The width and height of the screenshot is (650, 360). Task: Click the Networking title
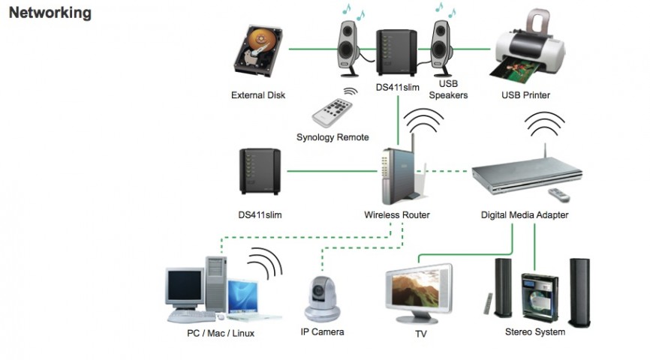[x=50, y=13]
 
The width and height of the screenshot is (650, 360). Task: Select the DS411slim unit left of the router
[x=260, y=172]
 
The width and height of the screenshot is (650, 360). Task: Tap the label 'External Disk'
[x=258, y=95]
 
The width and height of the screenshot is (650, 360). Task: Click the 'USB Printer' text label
[x=525, y=95]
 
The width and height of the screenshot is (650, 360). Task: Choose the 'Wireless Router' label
[x=397, y=215]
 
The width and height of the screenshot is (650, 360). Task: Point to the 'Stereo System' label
[x=534, y=331]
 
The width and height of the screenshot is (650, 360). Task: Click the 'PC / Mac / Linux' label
[x=221, y=332]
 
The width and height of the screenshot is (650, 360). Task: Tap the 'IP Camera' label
[x=322, y=331]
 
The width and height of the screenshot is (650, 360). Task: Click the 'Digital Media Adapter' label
[x=525, y=215]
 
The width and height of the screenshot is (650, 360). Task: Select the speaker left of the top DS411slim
[x=351, y=47]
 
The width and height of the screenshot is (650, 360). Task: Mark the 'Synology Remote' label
[x=333, y=137]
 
